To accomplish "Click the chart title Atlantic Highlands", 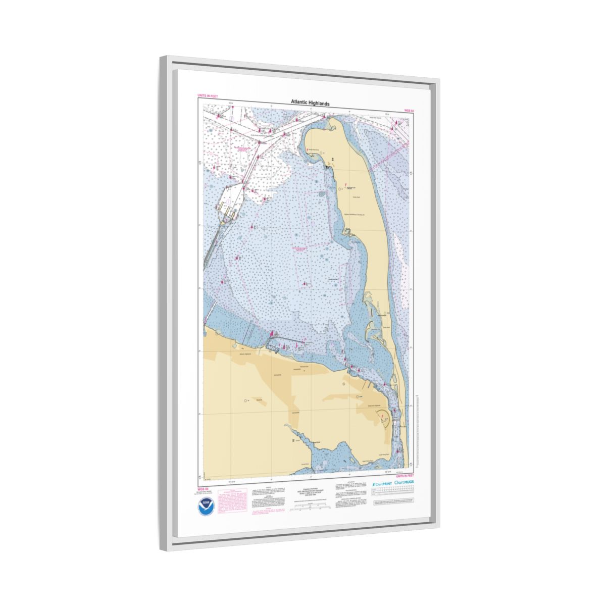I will point(310,103).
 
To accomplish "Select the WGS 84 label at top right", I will point(409,110).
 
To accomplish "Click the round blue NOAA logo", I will point(206,506).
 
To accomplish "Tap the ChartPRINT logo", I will point(382,483).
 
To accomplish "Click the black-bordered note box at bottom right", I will point(393,503).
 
